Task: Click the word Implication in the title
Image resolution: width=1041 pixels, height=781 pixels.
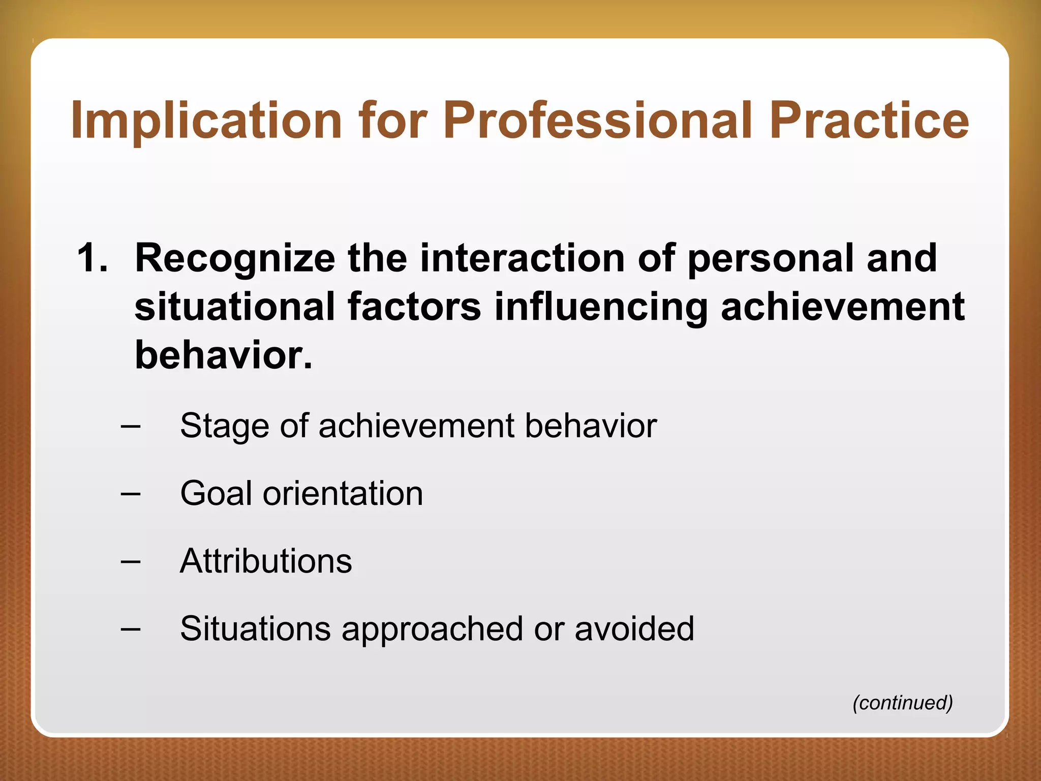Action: coord(206,121)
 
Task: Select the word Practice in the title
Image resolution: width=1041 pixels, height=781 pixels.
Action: coord(869,121)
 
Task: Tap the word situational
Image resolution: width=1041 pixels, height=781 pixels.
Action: coord(235,307)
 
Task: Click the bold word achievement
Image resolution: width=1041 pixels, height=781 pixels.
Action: coord(842,307)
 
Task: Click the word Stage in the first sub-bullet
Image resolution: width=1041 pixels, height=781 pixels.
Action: coord(224,426)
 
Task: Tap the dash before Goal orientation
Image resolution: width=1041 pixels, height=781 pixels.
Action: coord(131,493)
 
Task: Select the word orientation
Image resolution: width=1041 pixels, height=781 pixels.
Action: coord(343,493)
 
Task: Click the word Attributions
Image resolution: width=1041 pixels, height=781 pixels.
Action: coord(266,561)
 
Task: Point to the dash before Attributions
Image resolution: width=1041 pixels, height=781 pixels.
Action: coord(131,561)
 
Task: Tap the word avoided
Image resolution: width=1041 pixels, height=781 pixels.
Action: coord(634,628)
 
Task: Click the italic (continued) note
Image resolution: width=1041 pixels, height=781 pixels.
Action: coord(902,703)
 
